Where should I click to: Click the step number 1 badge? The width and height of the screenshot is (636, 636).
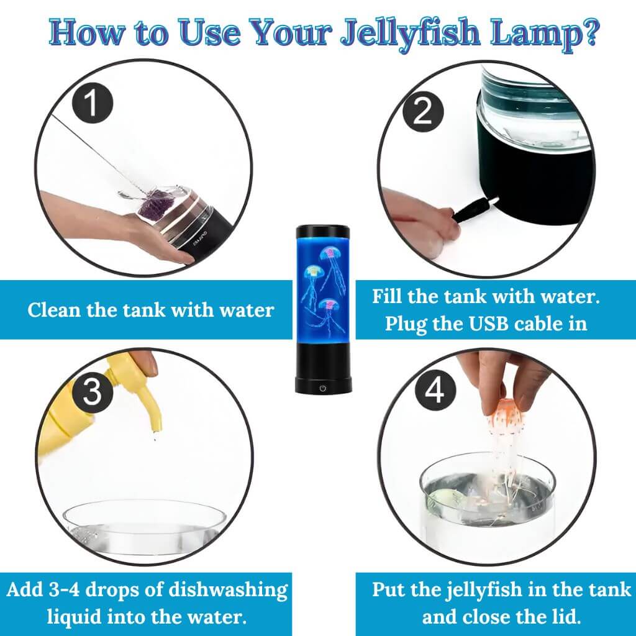coord(91,104)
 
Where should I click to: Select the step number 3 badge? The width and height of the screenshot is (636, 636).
coord(92,393)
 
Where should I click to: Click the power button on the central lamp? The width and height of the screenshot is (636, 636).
coord(322,388)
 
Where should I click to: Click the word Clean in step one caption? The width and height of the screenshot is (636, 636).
coord(54,310)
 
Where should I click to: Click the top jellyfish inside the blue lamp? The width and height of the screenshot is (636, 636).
coord(329,254)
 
